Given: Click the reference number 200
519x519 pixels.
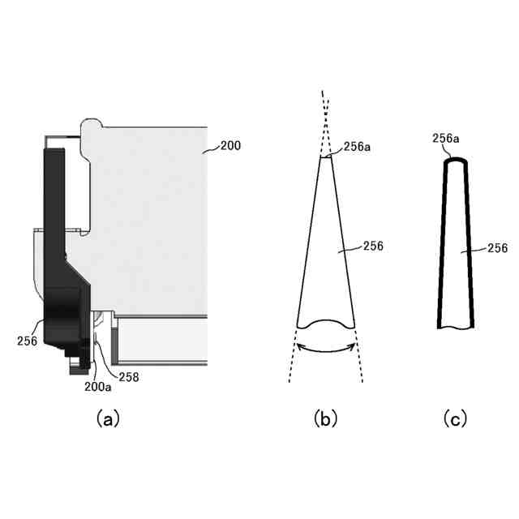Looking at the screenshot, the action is pos(230,146).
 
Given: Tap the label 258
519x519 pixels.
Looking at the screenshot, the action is pos(129,377).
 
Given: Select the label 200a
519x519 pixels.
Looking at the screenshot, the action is pos(97,387).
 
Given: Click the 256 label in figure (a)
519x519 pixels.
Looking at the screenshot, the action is pos(27,341).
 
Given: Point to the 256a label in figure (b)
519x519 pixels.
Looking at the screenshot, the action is pos(357,147).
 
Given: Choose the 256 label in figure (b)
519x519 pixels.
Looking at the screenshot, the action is pos(373,246).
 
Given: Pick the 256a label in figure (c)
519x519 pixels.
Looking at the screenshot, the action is pos(445,139).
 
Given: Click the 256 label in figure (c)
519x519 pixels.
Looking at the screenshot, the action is pos(497,248).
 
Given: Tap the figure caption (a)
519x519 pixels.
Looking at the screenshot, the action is pos(108,419).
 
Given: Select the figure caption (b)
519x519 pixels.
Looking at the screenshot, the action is pos(325,419).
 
